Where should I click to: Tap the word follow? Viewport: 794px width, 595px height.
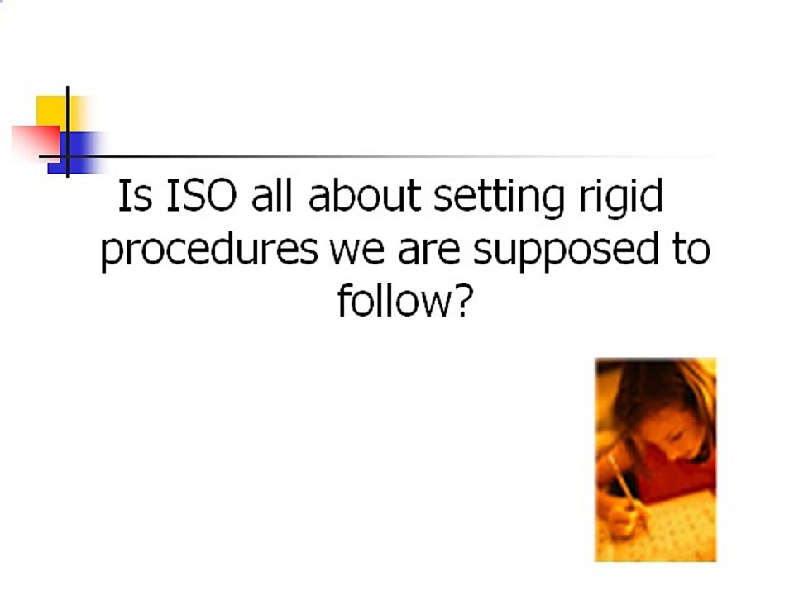tap(391, 301)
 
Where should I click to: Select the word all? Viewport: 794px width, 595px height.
tap(276, 198)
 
